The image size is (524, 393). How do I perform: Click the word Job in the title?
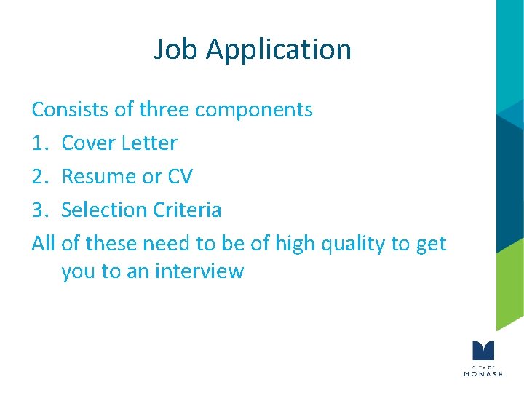coord(175,49)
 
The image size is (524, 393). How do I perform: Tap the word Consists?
coord(68,110)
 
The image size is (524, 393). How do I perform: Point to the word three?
coord(164,110)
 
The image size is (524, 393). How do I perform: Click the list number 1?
coord(38,143)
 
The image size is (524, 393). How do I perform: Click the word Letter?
coord(149,143)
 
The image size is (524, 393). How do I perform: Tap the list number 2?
coord(39,177)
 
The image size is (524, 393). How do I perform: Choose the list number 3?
coord(39,210)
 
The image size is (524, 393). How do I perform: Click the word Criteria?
coord(187,210)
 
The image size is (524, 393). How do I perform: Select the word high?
coord(298,245)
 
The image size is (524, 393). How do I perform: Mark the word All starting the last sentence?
coord(44,244)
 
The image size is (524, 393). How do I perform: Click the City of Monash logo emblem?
coord(483,349)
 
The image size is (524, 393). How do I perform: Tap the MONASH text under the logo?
coord(483,373)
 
